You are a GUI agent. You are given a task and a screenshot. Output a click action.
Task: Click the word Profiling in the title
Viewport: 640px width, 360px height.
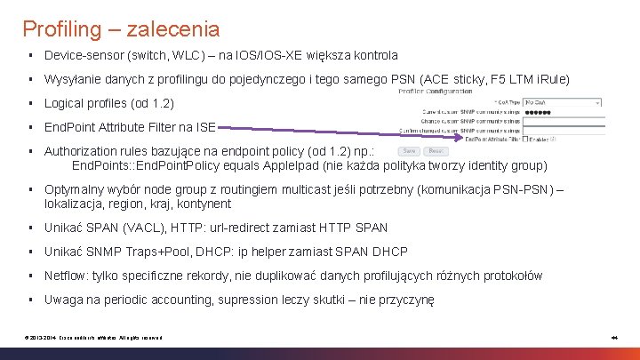point(62,29)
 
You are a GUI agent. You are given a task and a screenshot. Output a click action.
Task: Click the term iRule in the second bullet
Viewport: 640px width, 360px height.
point(550,79)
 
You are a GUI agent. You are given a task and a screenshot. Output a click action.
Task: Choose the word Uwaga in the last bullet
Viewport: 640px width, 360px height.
point(64,300)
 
